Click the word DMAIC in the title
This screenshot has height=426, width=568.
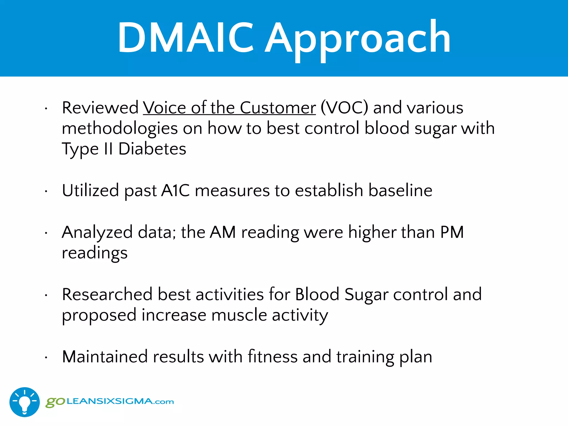[185, 37]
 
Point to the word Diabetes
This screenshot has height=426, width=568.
[152, 149]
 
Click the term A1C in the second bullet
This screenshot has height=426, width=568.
[175, 191]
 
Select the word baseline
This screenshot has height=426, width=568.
[400, 191]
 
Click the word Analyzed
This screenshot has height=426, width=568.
[97, 232]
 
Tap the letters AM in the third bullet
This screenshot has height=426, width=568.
[223, 232]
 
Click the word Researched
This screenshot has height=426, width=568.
[107, 294]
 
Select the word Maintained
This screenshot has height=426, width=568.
[105, 357]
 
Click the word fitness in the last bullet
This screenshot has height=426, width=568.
[272, 357]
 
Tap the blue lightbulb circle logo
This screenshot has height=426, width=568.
[25, 402]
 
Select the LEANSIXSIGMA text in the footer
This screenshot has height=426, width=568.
[110, 401]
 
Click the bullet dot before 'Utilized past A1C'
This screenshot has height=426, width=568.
[46, 191]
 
